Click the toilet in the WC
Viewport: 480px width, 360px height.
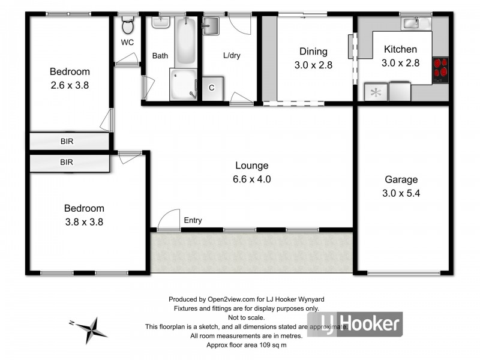coord(127,26)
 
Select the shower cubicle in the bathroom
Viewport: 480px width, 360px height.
coord(184,84)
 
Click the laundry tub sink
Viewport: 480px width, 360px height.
coord(211,26)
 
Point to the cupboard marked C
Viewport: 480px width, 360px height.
coord(212,88)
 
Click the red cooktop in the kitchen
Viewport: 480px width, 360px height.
coord(440,69)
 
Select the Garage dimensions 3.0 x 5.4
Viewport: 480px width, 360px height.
coord(401,193)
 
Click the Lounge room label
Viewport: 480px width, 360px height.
coord(251,166)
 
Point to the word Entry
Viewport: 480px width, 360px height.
coord(193,221)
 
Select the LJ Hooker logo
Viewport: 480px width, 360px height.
coord(355,325)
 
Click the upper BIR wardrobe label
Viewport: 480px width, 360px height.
coord(68,142)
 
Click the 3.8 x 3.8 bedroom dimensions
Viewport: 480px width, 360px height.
coord(84,221)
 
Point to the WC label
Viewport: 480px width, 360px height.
coord(127,43)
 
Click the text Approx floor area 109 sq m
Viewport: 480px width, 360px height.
coord(247,346)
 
